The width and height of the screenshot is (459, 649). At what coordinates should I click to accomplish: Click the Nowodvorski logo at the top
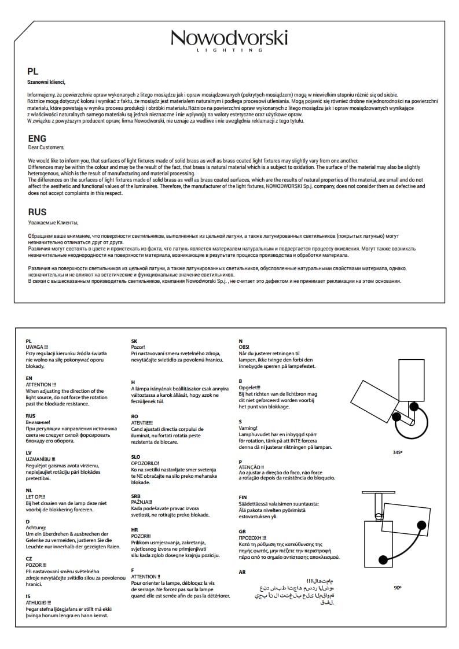(229, 40)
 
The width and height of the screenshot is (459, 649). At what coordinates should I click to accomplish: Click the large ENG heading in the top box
(37, 139)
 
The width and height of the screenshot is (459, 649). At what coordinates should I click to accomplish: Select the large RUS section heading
(37, 212)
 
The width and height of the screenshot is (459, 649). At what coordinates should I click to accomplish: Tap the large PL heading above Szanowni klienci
(32, 72)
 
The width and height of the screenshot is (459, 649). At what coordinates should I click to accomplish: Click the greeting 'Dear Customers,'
(46, 147)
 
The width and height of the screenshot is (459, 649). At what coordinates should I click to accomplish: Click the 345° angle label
(397, 452)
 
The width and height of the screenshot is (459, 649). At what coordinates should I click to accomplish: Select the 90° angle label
(397, 587)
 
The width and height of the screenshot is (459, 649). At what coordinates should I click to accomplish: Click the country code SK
(134, 341)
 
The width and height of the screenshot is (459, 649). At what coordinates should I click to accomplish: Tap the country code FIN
(243, 497)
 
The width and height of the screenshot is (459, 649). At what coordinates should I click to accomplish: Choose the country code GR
(243, 531)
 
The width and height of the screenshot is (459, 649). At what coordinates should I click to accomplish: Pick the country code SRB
(136, 496)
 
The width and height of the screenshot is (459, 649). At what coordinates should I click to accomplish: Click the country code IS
(28, 595)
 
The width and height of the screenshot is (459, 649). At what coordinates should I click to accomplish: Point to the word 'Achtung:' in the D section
(36, 528)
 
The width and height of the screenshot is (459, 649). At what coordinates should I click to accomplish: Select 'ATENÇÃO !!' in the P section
(251, 467)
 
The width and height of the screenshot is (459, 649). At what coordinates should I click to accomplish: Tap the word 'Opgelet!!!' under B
(250, 387)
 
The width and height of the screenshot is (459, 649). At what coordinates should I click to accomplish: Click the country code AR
(243, 571)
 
